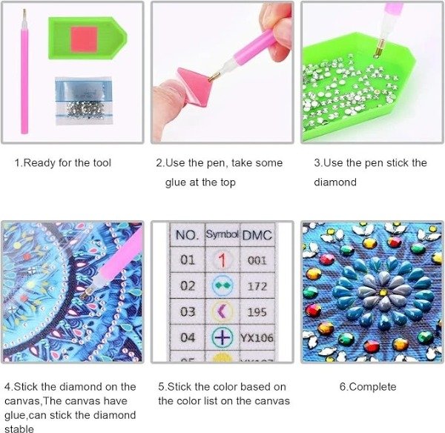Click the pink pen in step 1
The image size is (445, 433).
point(24,71)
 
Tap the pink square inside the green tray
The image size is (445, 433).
point(85,39)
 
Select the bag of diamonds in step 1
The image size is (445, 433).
point(84,101)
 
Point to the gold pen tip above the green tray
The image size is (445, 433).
point(379,48)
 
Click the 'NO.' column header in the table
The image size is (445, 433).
point(187,235)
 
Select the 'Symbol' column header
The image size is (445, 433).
point(222,234)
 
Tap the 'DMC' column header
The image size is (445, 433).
point(257,236)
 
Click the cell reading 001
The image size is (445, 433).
point(257,260)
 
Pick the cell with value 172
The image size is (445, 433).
point(257,286)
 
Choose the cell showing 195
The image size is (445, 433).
point(257,312)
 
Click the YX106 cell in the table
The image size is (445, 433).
point(257,338)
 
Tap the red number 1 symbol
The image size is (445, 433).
point(222,260)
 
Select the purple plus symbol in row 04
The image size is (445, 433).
point(222,337)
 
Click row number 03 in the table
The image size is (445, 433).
point(188,312)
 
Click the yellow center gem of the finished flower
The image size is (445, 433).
point(383,292)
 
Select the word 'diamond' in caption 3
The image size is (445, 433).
point(335,182)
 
